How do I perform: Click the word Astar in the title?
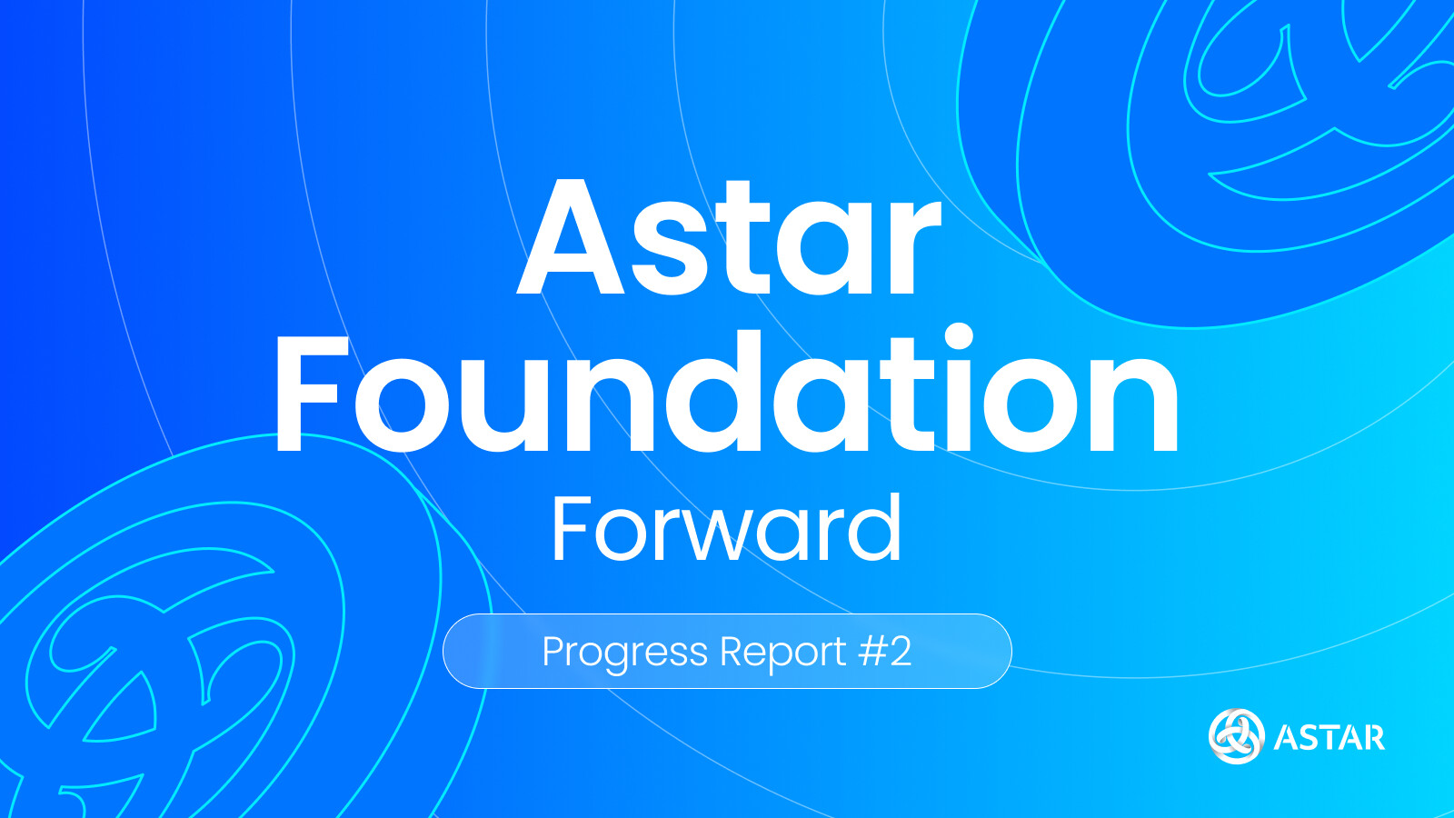729,237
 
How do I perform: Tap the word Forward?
727,528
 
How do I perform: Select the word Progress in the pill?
624,653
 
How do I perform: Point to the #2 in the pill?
885,651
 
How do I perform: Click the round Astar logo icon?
1237,736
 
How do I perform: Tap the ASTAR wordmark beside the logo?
1330,737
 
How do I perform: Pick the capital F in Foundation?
308,393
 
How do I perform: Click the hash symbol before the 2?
871,651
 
